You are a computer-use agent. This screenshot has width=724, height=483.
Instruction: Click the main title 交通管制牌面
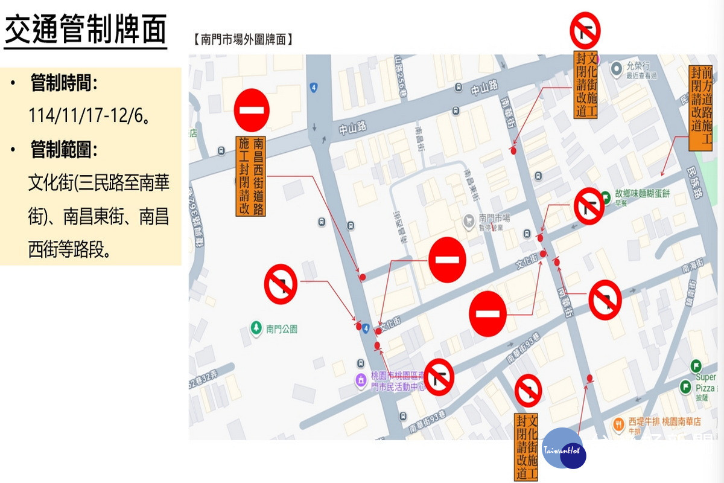[x=85, y=30]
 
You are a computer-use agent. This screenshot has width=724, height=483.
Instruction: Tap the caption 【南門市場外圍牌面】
[x=243, y=40]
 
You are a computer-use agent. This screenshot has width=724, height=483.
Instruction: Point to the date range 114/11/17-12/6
[x=89, y=115]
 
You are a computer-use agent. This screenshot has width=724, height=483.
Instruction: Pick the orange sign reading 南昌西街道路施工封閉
[x=251, y=176]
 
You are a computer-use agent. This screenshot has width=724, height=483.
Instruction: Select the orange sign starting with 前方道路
[x=700, y=108]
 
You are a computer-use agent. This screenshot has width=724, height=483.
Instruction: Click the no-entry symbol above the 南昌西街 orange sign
[x=251, y=110]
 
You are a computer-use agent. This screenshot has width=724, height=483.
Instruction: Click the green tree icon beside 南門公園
[x=256, y=328]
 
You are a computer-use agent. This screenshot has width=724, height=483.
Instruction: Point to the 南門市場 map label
[x=494, y=218]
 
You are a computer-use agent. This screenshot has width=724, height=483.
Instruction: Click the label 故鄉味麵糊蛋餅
[x=642, y=194]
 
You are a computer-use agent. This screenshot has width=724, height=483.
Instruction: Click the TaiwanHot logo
[x=564, y=450]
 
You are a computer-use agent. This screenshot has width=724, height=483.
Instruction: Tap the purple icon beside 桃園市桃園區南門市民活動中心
[x=360, y=380]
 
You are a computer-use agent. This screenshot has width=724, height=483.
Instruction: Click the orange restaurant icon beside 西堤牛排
[x=618, y=424]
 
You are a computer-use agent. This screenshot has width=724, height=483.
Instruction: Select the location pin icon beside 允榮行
[x=616, y=70]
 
